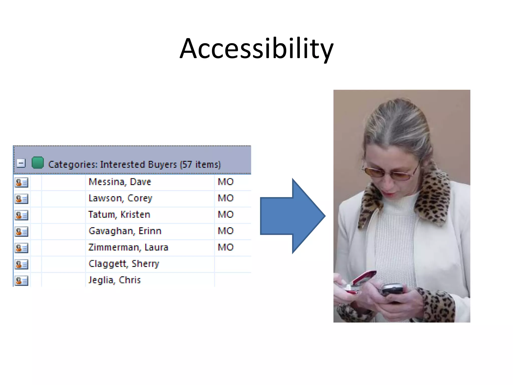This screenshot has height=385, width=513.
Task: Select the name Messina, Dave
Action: click(120, 182)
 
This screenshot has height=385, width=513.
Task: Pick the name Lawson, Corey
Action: click(120, 198)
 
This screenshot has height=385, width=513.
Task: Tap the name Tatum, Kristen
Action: click(119, 215)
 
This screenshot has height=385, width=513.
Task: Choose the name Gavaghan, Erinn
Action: click(125, 231)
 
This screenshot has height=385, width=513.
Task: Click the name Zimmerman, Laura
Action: click(128, 247)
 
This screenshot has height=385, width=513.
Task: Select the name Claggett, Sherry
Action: click(124, 264)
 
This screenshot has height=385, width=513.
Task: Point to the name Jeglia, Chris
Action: click(115, 280)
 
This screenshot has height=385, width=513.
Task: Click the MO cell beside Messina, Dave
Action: click(226, 182)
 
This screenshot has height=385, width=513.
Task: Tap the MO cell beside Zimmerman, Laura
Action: click(226, 247)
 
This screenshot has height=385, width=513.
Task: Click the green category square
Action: click(38, 163)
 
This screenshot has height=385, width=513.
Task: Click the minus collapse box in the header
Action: click(21, 163)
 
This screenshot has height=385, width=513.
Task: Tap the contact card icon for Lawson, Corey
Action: click(22, 199)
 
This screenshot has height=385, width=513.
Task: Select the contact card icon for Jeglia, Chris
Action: click(22, 281)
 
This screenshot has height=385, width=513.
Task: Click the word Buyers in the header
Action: click(162, 165)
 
